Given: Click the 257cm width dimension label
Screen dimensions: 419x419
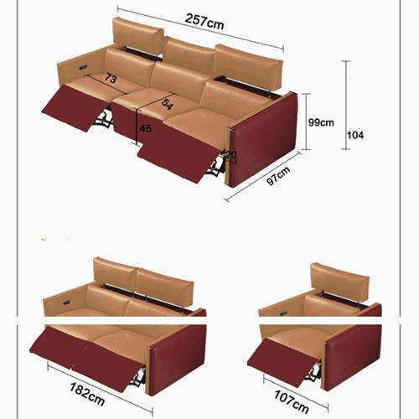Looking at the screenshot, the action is point(204,22).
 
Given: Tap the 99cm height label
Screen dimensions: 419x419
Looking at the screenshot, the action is point(321,122).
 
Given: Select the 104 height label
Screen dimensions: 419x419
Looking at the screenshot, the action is point(355,135).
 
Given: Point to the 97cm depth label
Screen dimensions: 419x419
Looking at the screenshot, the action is point(278,176).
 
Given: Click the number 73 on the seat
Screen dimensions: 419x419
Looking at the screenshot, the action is point(111,78).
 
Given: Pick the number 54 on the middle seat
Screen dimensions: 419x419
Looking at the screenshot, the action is point(168,104).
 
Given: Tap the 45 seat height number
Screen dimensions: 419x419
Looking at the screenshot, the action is point(146,128).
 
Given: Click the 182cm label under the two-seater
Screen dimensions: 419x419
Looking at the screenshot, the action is point(87,394).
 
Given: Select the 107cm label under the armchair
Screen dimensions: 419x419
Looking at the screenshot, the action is point(292,401).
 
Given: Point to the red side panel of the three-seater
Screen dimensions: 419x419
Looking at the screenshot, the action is point(264,140).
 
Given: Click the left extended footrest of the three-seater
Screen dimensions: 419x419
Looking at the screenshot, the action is point(75,107).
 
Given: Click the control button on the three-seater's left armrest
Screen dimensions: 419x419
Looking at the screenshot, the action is point(83,67).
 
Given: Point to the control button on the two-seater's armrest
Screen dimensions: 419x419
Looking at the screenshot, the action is point(66,303).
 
